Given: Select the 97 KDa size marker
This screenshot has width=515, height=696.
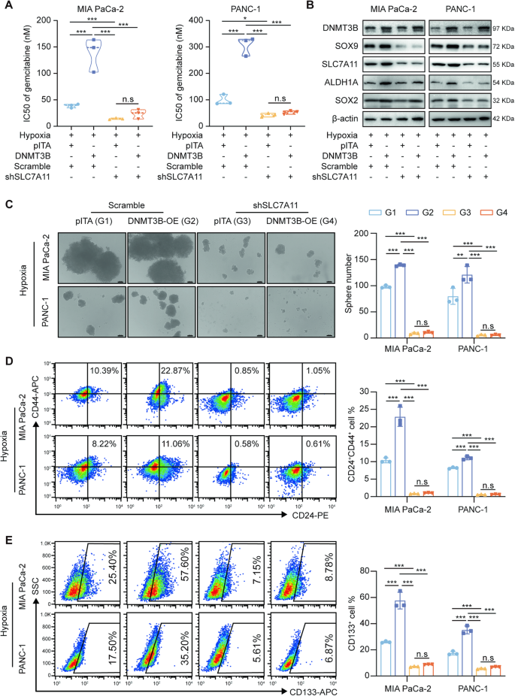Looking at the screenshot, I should [x=497, y=28].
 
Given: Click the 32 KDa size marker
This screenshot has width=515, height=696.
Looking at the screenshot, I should [x=497, y=99].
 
